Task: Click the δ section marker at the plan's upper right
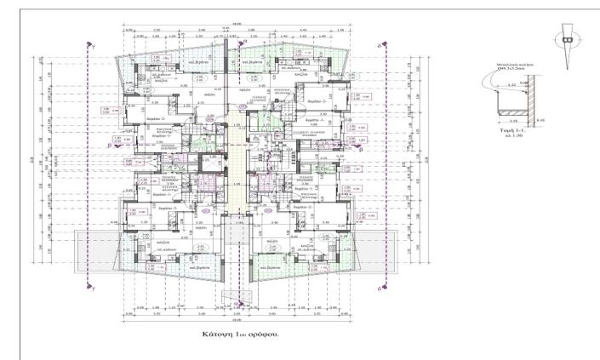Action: click(x=380, y=43)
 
